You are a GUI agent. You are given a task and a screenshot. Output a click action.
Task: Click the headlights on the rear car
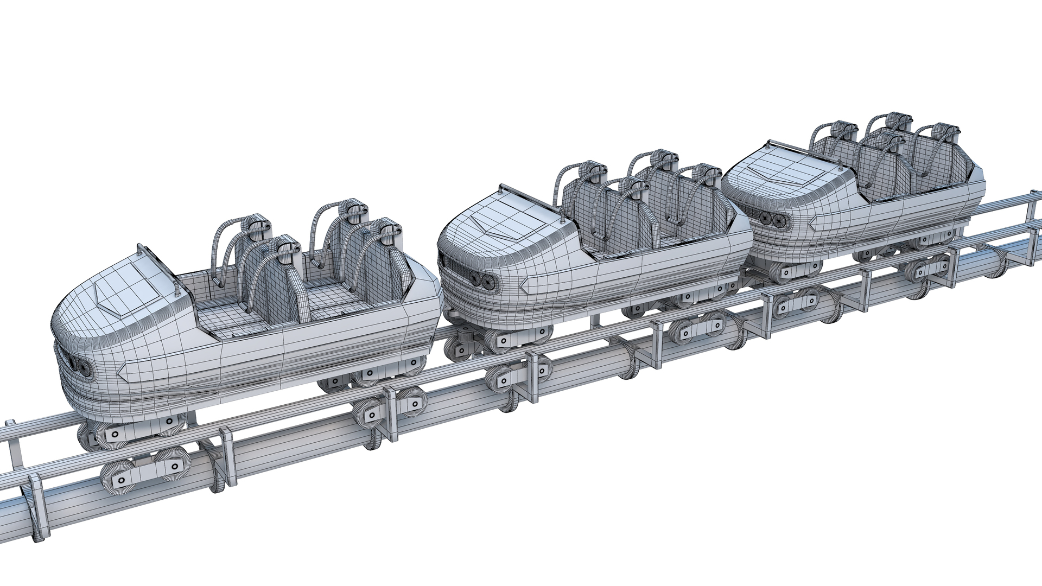tap(774, 219)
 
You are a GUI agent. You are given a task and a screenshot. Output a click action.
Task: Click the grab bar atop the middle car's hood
tap(529, 199)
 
